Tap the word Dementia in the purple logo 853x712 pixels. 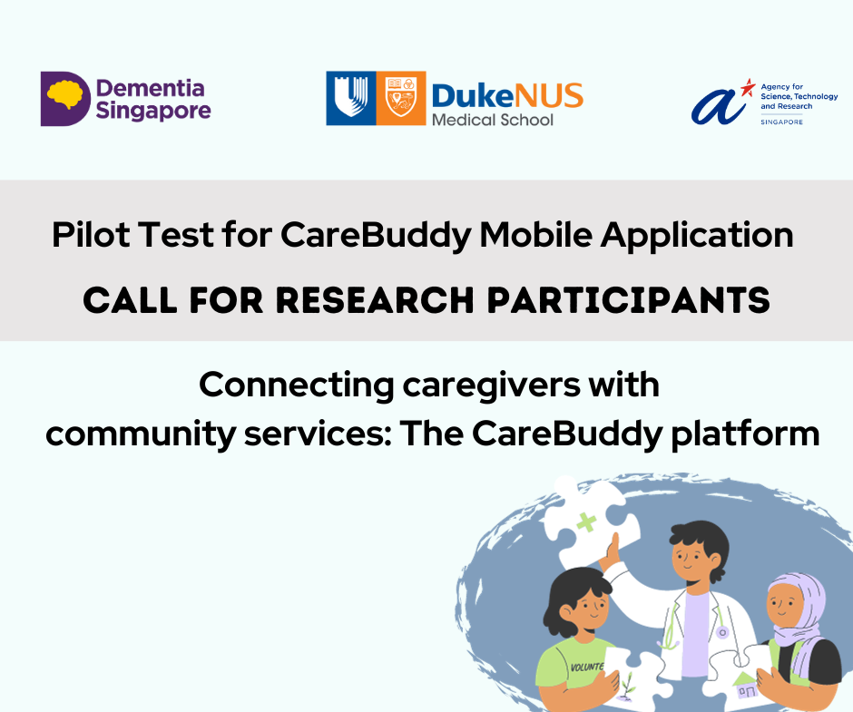[150, 88]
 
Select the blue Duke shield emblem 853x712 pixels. [351, 99]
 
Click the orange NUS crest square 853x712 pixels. [401, 99]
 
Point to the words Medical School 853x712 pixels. [493, 120]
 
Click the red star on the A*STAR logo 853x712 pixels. [749, 87]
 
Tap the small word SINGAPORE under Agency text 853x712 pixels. [781, 122]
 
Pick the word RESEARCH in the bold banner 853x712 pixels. [375, 300]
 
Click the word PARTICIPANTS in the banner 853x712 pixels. [628, 300]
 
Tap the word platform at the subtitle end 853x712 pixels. [745, 434]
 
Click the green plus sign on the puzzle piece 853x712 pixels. [586, 522]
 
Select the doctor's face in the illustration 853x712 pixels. [691, 558]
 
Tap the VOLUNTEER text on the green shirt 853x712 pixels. [586, 667]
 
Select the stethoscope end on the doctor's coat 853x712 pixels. [722, 632]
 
